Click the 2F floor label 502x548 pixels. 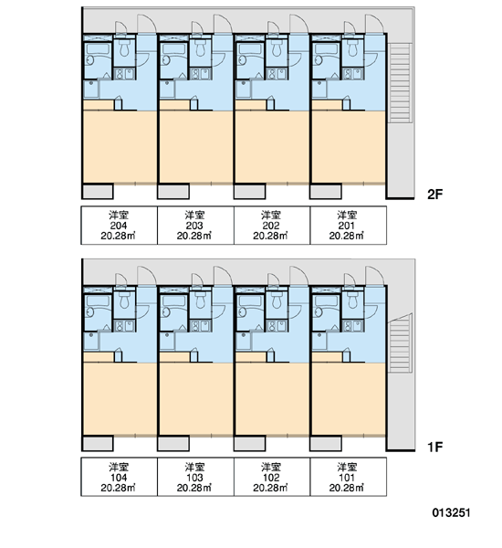click(435, 194)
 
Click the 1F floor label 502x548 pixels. click(435, 447)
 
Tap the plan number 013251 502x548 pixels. click(451, 512)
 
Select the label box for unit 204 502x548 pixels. click(120, 225)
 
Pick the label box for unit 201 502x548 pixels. click(348, 225)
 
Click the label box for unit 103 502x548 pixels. click(195, 477)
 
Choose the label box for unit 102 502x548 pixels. click(271, 477)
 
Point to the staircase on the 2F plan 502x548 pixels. click(400, 83)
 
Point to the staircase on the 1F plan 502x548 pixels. click(400, 343)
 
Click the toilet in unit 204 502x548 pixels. click(124, 48)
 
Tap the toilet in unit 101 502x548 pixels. click(353, 300)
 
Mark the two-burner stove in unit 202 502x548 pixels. click(277, 74)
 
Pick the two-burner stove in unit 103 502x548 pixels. click(201, 326)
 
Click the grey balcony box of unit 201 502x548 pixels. click(326, 191)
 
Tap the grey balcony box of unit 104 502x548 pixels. click(98, 443)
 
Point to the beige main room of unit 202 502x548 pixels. click(272, 147)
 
